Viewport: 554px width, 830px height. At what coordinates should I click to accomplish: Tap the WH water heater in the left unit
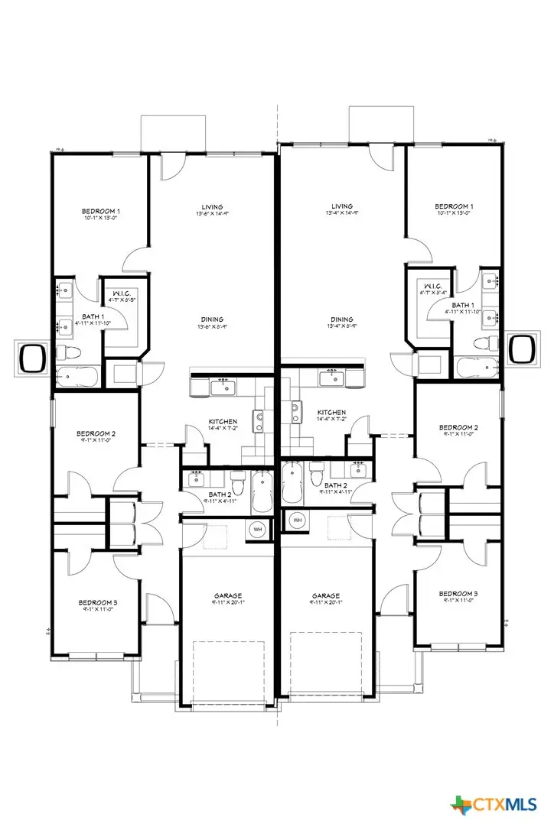[x=258, y=528]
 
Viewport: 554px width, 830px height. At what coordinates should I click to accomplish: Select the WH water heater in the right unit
[x=298, y=520]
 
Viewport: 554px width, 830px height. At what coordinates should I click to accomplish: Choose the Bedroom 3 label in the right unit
[x=458, y=594]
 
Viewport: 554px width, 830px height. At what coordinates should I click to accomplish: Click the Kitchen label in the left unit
[x=223, y=421]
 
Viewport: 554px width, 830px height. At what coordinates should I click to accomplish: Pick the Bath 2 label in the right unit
[x=334, y=485]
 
